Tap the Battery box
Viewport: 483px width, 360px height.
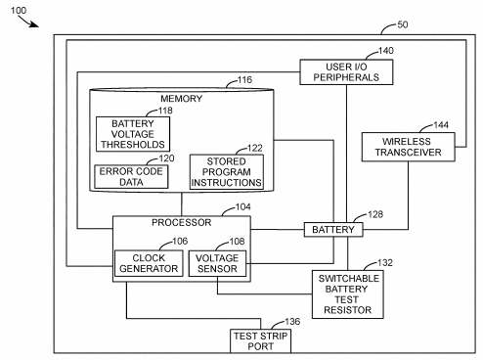(x=335, y=229)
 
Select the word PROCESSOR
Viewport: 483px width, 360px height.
(x=180, y=224)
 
